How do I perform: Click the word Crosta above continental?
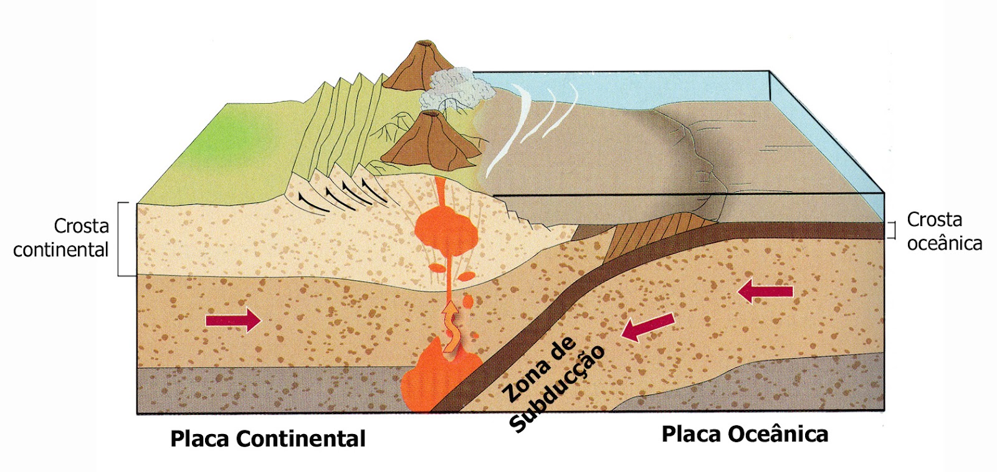coord(81,225)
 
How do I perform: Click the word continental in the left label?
coord(60,250)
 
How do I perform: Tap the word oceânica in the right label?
coord(944,243)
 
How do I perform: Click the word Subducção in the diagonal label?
coord(558,389)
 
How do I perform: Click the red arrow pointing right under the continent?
coord(233,321)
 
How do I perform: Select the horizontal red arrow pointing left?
coord(765,291)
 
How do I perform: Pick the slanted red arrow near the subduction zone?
coord(648,327)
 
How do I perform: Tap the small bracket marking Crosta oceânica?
coord(892,230)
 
